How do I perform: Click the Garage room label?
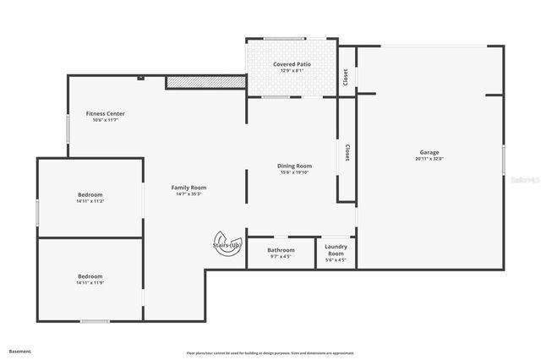[429, 153]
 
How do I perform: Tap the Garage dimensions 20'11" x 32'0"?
[429, 159]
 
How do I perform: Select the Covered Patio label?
[292, 64]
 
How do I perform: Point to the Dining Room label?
[295, 166]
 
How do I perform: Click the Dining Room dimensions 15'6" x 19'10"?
[295, 172]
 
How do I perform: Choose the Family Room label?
[189, 188]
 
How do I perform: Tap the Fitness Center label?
[106, 113]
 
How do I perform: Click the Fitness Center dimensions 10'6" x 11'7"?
[106, 120]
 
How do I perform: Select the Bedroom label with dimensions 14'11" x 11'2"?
[90, 194]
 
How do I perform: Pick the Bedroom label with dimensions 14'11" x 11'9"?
[90, 276]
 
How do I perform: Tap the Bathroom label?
[281, 250]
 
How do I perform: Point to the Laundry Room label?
[336, 250]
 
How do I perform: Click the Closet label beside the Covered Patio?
[346, 77]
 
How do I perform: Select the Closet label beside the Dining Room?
[347, 152]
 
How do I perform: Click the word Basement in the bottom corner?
[20, 351]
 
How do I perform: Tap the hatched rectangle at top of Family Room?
[205, 82]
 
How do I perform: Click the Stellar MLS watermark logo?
[523, 180]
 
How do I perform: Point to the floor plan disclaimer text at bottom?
[270, 353]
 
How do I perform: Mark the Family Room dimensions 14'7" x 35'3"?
[189, 194]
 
